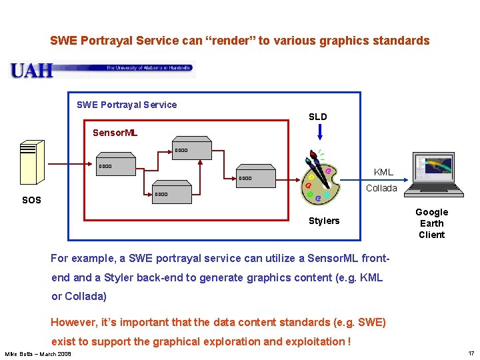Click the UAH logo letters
click(31, 70)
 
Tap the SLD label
click(318, 117)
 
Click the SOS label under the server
click(31, 200)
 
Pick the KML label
click(383, 172)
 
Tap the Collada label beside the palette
click(381, 188)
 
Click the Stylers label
click(324, 221)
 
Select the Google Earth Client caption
click(431, 223)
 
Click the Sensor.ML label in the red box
click(115, 133)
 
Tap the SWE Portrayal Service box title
click(127, 105)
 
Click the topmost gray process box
click(191, 150)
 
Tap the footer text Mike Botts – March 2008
click(38, 353)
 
